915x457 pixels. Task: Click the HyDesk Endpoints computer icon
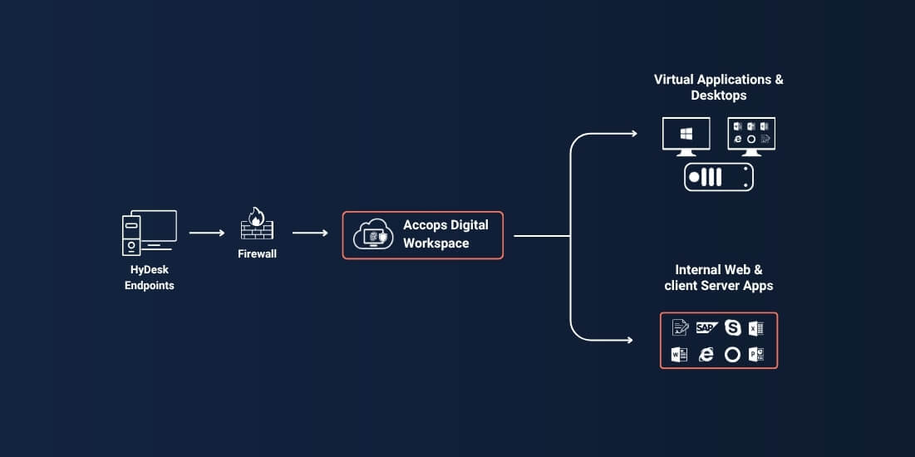click(x=149, y=233)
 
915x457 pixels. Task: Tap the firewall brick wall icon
click(x=257, y=224)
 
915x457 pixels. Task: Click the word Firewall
click(x=257, y=254)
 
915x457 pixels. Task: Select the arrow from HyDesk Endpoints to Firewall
click(x=207, y=233)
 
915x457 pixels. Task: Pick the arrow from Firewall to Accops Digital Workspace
click(x=310, y=233)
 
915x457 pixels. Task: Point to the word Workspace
click(x=436, y=243)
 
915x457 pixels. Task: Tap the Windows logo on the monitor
click(x=686, y=134)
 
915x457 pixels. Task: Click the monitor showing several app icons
click(x=751, y=136)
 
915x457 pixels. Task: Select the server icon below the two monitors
click(x=718, y=177)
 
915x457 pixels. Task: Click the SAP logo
click(x=706, y=327)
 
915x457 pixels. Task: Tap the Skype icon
click(x=732, y=327)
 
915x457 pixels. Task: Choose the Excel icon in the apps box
click(x=756, y=328)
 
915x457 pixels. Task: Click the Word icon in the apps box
click(x=679, y=354)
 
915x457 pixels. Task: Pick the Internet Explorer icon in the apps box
click(x=706, y=354)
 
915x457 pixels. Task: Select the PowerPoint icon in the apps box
click(x=756, y=354)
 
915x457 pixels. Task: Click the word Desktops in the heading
click(x=718, y=95)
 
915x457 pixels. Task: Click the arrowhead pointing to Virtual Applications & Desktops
click(x=634, y=134)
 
